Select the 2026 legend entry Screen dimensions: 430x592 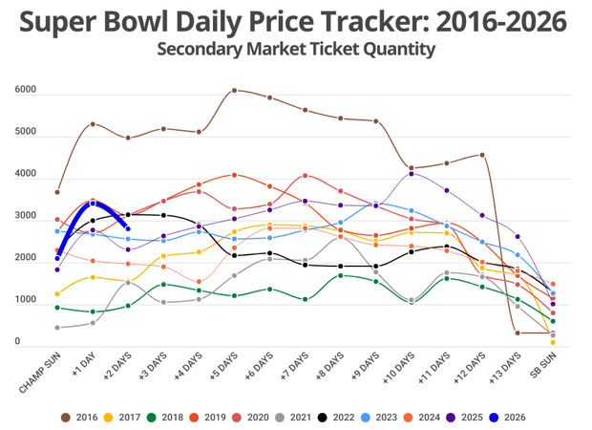pyautogui.click(x=508, y=418)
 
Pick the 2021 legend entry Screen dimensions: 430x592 pyautogui.click(x=297, y=418)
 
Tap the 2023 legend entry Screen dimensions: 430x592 pyautogui.click(x=381, y=418)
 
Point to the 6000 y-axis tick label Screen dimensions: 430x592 pyautogui.click(x=26, y=91)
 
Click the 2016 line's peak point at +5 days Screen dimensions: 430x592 pyautogui.click(x=235, y=91)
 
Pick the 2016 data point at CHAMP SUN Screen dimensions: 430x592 pyautogui.click(x=57, y=192)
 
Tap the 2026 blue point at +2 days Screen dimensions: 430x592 pyautogui.click(x=128, y=228)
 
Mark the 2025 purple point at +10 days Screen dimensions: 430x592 pyautogui.click(x=412, y=174)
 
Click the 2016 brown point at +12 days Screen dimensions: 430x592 pyautogui.click(x=482, y=155)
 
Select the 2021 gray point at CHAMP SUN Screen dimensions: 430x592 pyautogui.click(x=57, y=328)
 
